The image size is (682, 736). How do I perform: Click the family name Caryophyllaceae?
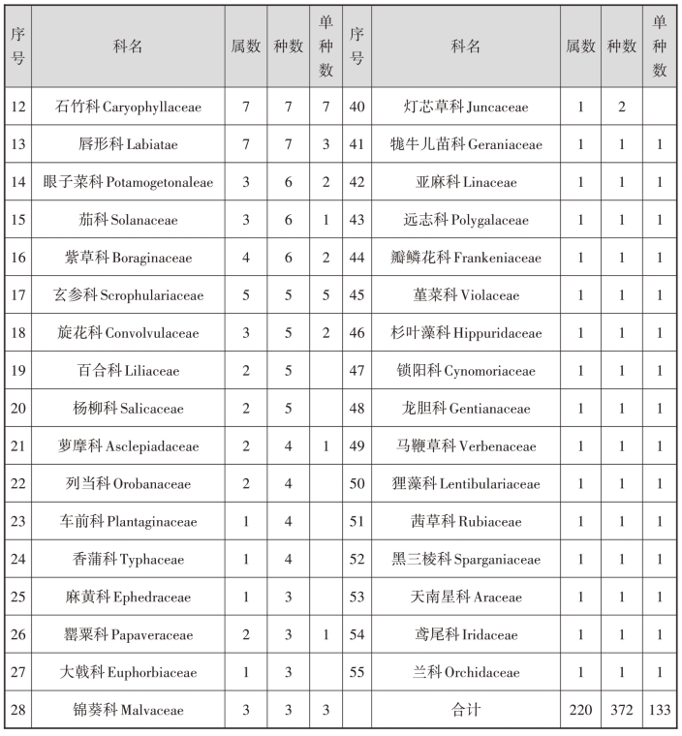coord(128,107)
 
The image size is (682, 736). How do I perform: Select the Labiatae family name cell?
coord(128,145)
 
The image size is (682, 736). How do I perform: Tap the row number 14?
coord(17,182)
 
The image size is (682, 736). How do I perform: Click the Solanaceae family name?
coord(128,220)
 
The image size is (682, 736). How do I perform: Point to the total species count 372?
coord(621,710)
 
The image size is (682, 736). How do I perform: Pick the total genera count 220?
coord(580,710)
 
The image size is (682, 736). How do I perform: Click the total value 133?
coord(660,710)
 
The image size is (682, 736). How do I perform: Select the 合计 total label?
coord(466,710)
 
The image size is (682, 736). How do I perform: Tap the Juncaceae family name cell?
coord(466,107)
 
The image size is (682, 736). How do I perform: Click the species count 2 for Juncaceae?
coord(621,107)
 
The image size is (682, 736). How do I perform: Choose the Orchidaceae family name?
coord(466,672)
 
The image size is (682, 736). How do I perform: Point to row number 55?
coord(356,672)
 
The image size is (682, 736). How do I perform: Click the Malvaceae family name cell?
coord(128,710)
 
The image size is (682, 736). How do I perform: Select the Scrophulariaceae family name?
coord(128,295)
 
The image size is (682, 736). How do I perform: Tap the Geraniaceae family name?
coord(466,145)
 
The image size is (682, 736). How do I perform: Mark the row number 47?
coord(356,371)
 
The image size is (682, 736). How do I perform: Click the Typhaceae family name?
coord(128,559)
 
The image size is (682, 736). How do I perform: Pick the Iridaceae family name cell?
coord(466,634)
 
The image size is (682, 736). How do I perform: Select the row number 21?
coord(17,446)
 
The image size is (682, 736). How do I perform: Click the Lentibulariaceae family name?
coord(466,483)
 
